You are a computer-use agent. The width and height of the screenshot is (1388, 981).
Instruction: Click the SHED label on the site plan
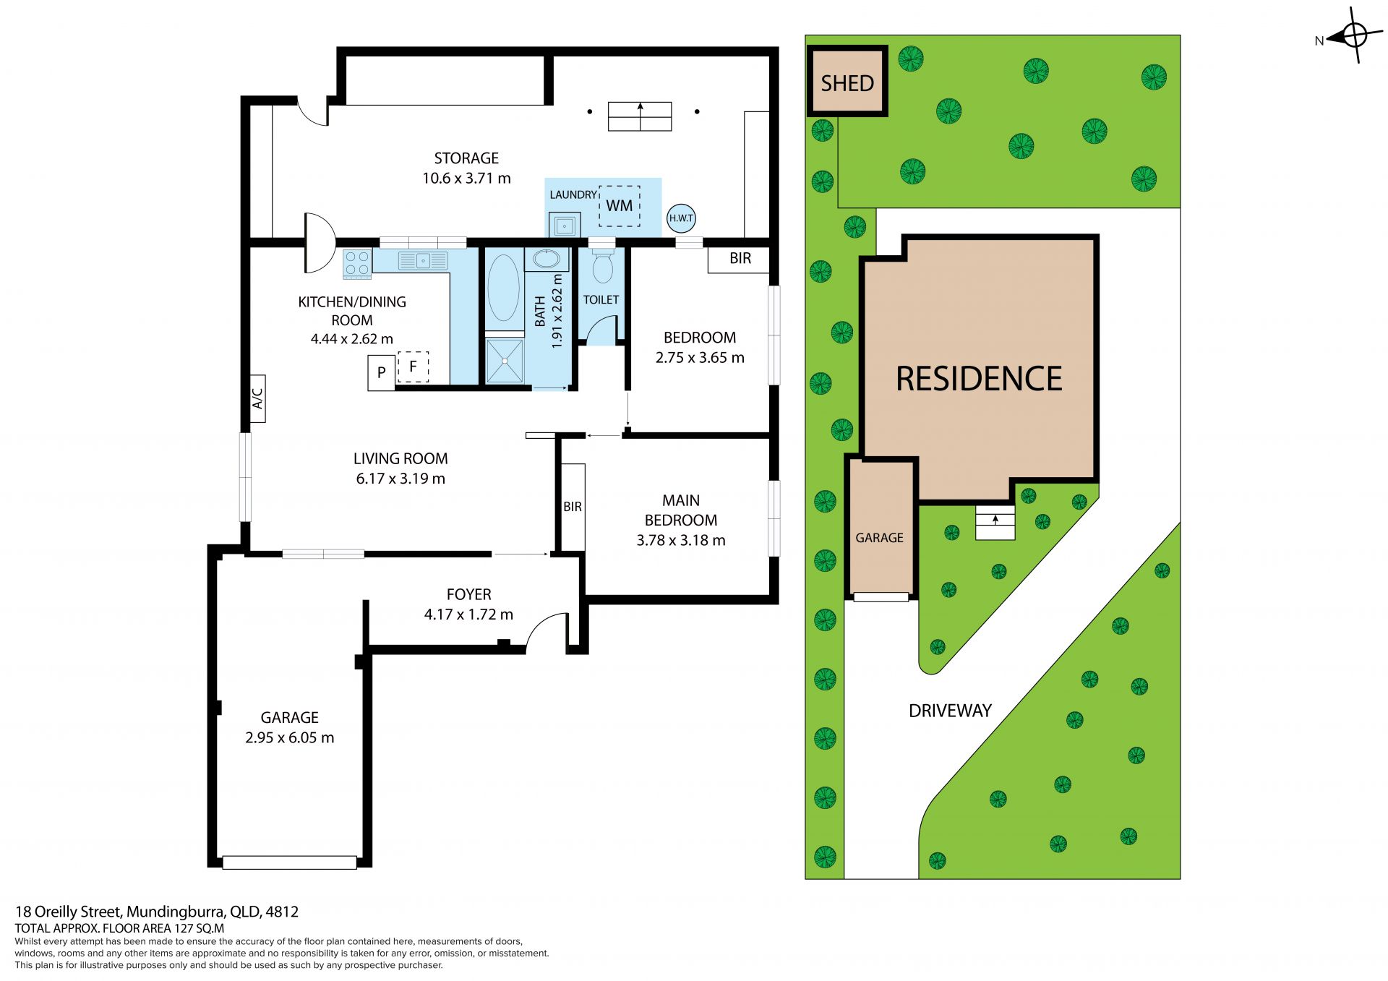click(847, 83)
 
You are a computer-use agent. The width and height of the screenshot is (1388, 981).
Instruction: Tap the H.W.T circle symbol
click(681, 218)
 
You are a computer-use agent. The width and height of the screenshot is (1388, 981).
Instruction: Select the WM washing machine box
click(620, 206)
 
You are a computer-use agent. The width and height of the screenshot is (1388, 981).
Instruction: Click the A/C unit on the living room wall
click(257, 398)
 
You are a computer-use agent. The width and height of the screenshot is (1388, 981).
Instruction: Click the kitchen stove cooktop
click(357, 264)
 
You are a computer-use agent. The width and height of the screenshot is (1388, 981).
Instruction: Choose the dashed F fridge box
click(413, 367)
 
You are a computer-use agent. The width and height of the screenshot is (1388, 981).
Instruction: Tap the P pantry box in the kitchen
click(382, 373)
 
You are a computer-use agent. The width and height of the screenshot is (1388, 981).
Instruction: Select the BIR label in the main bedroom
click(573, 507)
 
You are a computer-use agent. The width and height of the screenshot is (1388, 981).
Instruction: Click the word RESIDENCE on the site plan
click(979, 379)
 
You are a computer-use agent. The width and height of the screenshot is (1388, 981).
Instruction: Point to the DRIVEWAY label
click(950, 711)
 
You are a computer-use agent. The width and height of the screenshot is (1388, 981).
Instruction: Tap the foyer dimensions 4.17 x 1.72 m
click(468, 614)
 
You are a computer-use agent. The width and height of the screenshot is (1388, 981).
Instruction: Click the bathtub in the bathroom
click(504, 287)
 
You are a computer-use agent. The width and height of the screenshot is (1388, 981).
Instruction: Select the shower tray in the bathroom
click(505, 360)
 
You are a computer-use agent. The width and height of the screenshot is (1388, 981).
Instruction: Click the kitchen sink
click(423, 260)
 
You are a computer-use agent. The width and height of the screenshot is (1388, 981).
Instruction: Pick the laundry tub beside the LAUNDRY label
click(564, 226)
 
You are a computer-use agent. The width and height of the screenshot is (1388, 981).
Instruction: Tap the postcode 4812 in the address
click(282, 912)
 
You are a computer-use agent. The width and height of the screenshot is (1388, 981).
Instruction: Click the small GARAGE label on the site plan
click(879, 538)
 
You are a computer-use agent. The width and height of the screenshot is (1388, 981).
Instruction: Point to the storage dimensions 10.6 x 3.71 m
click(466, 178)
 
